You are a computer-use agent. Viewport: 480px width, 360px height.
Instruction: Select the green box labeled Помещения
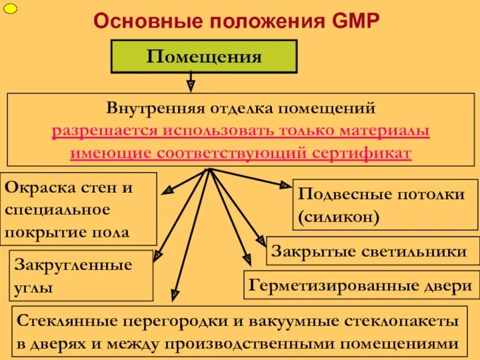coord(205,57)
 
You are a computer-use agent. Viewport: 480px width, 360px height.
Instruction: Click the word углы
coord(32,287)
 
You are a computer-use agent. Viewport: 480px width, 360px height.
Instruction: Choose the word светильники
coord(416,251)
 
